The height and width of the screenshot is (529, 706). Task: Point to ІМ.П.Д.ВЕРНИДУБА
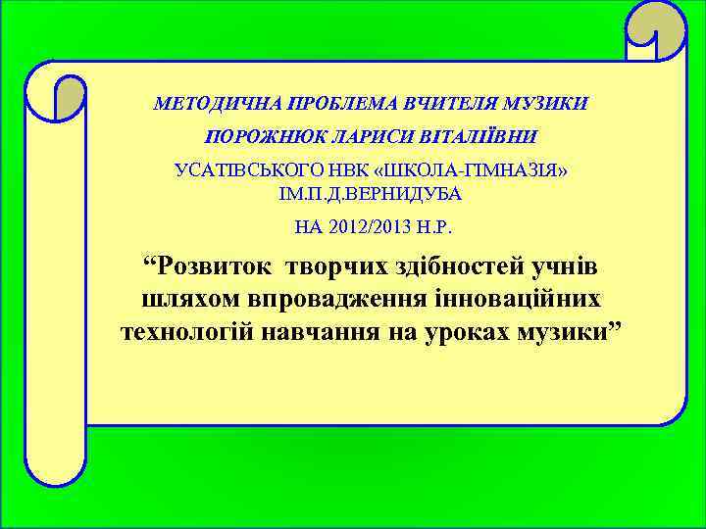[371, 193]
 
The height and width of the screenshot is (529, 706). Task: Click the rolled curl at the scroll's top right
[656, 29]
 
